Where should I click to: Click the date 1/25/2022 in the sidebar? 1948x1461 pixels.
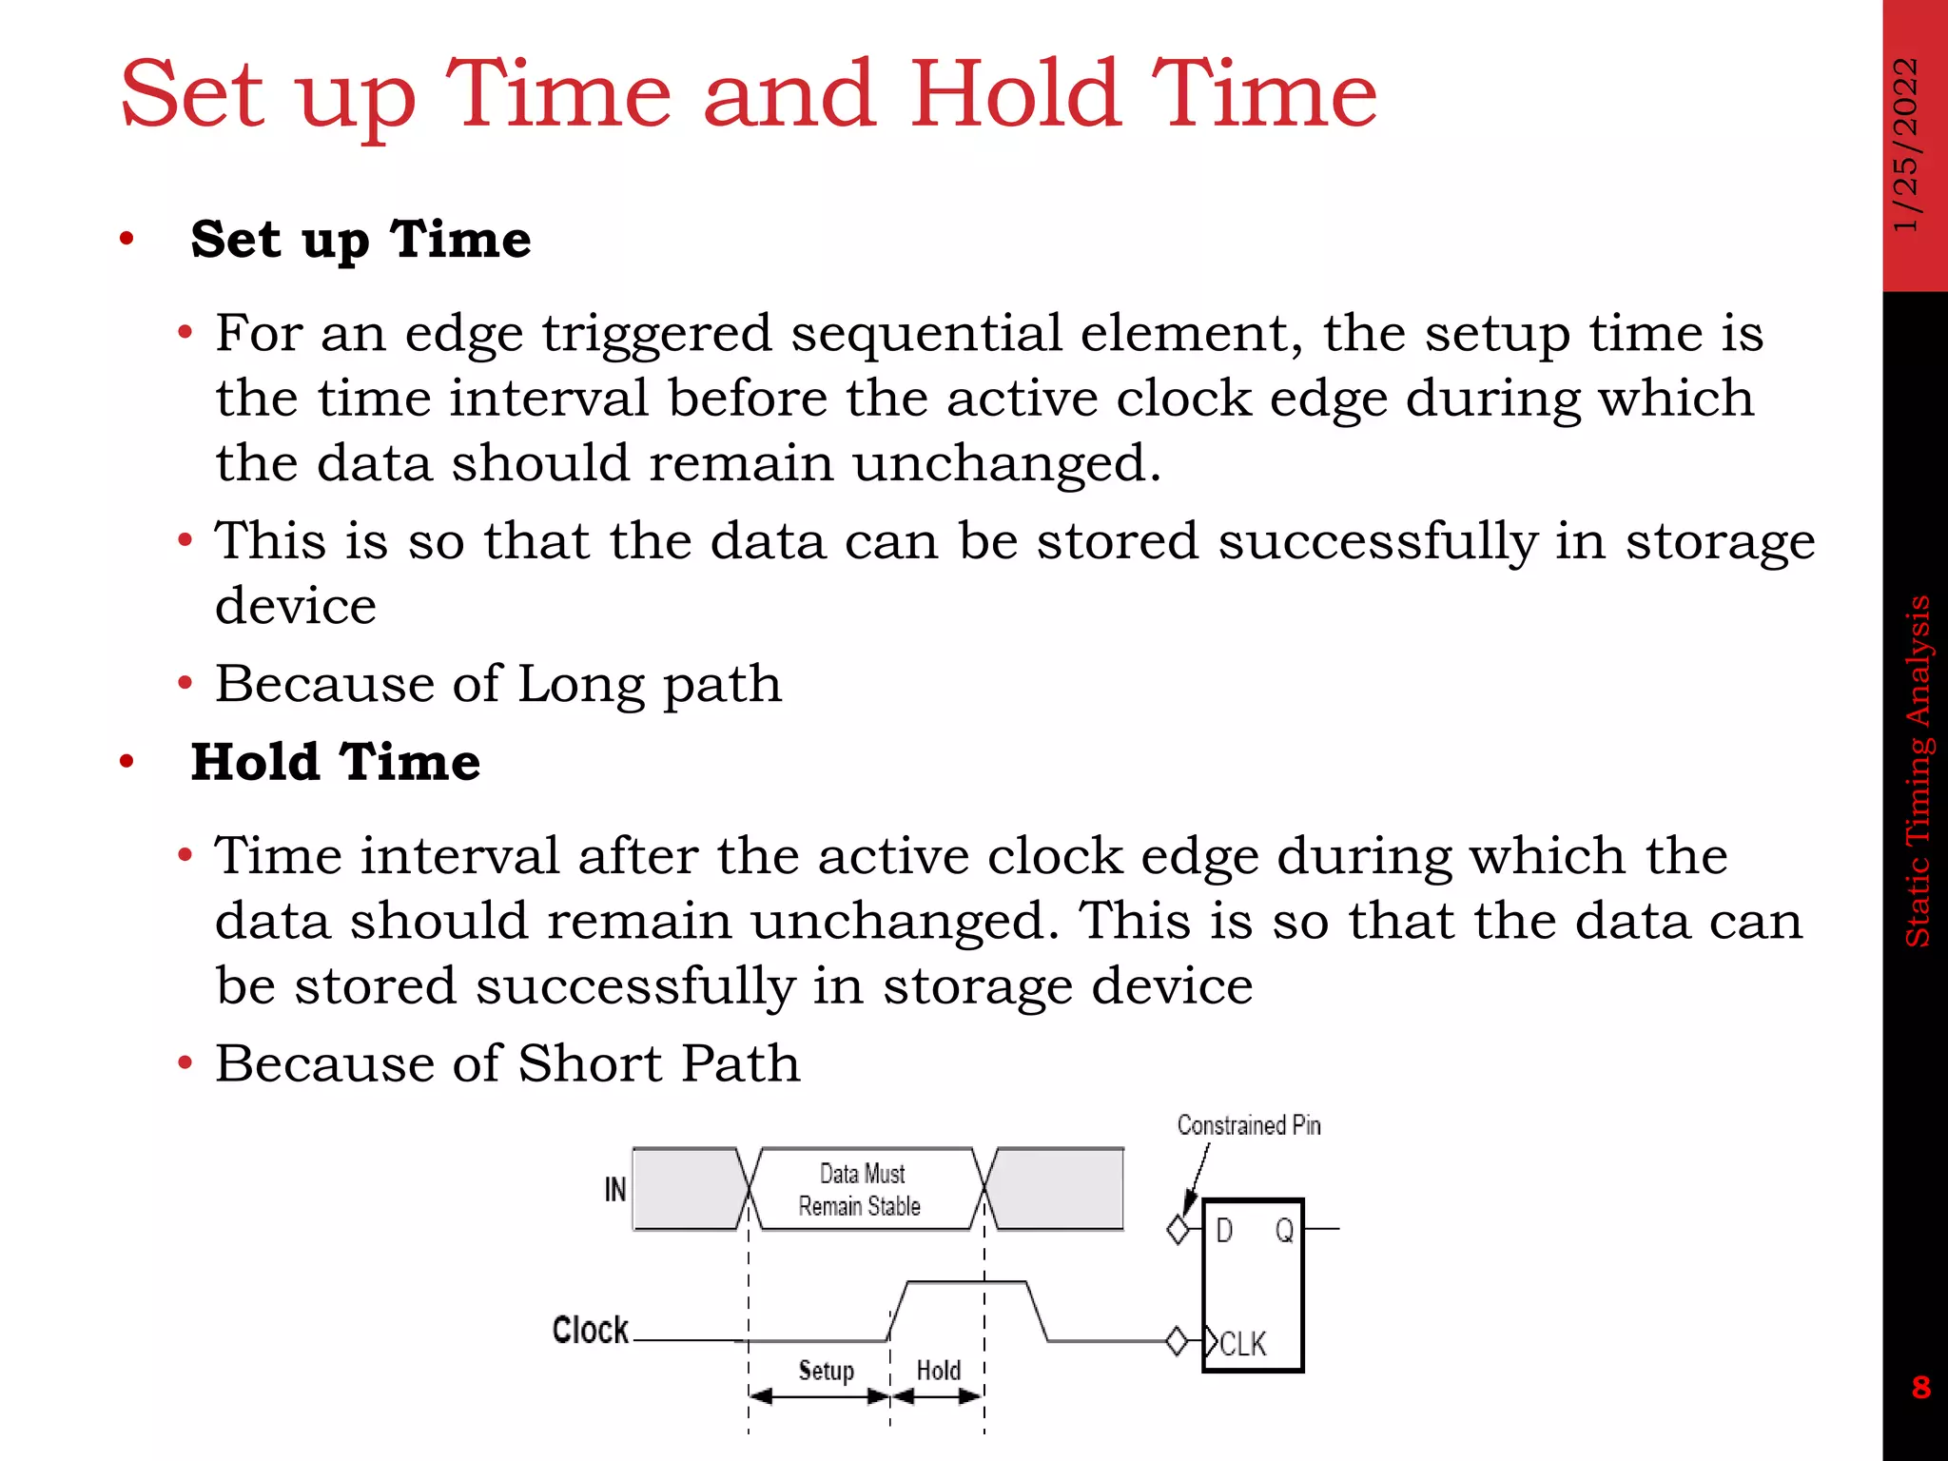point(1906,145)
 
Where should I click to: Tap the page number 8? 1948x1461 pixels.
point(1920,1387)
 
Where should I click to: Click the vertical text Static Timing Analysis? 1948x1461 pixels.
point(1918,770)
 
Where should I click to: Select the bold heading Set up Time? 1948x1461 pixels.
point(360,239)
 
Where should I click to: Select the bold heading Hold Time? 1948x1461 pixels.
point(336,762)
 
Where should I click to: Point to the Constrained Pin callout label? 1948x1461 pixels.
point(1248,1125)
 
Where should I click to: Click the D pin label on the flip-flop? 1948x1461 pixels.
point(1224,1231)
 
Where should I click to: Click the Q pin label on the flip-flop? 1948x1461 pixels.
point(1284,1231)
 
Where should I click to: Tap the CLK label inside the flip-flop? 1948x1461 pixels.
point(1242,1344)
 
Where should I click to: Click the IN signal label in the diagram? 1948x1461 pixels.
point(615,1189)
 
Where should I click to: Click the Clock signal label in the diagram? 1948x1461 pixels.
point(590,1330)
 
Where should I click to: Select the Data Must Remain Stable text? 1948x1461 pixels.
point(861,1190)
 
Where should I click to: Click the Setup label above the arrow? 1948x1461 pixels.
point(826,1371)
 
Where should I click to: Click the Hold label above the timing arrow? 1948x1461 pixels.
point(938,1371)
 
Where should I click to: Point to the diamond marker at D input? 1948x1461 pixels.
point(1178,1230)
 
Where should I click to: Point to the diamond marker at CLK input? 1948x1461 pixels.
point(1177,1341)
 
